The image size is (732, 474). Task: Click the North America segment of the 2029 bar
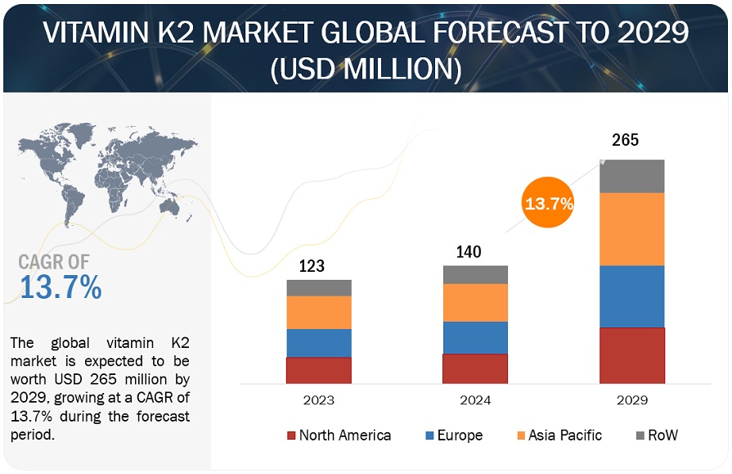(631, 355)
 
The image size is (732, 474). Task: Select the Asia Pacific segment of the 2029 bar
(631, 229)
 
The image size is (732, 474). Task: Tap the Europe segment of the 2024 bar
(475, 337)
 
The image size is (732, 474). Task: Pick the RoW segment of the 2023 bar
(319, 287)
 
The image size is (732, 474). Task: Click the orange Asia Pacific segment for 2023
(319, 312)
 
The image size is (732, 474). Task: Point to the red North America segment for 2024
(475, 368)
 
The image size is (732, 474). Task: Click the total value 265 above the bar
(626, 141)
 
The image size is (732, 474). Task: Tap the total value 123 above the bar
(312, 265)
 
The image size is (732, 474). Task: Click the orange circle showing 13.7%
(549, 204)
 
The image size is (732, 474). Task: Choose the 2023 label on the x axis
(318, 400)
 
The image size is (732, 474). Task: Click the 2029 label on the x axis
(631, 400)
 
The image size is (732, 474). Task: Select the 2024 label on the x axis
(475, 400)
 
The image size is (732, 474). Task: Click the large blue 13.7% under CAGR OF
(61, 287)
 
